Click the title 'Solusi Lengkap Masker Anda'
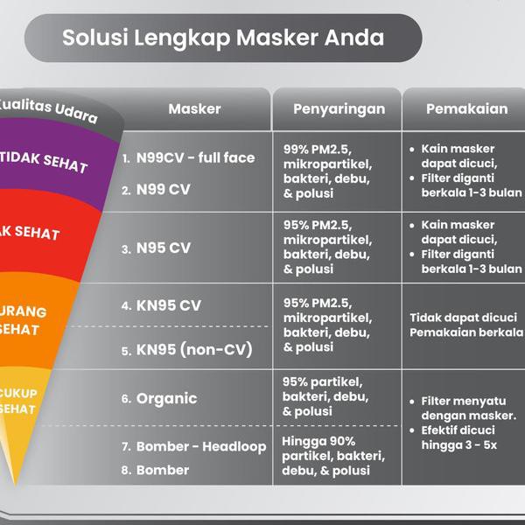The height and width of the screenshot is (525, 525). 223,38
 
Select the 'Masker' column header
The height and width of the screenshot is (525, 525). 194,109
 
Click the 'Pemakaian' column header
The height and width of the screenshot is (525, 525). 466,109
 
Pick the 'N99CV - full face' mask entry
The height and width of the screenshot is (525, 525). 194,158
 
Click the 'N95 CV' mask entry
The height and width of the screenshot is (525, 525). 162,248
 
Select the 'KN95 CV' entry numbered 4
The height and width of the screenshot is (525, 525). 167,306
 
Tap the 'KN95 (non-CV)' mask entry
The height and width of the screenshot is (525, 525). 193,351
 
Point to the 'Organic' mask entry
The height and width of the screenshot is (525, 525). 166,399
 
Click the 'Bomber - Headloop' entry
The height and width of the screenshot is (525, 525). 200,447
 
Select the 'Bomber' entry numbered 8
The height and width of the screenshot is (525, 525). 162,470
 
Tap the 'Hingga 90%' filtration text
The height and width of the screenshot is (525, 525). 318,441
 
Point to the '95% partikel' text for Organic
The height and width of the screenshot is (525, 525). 323,382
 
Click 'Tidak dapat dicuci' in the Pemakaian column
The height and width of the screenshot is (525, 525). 463,317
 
